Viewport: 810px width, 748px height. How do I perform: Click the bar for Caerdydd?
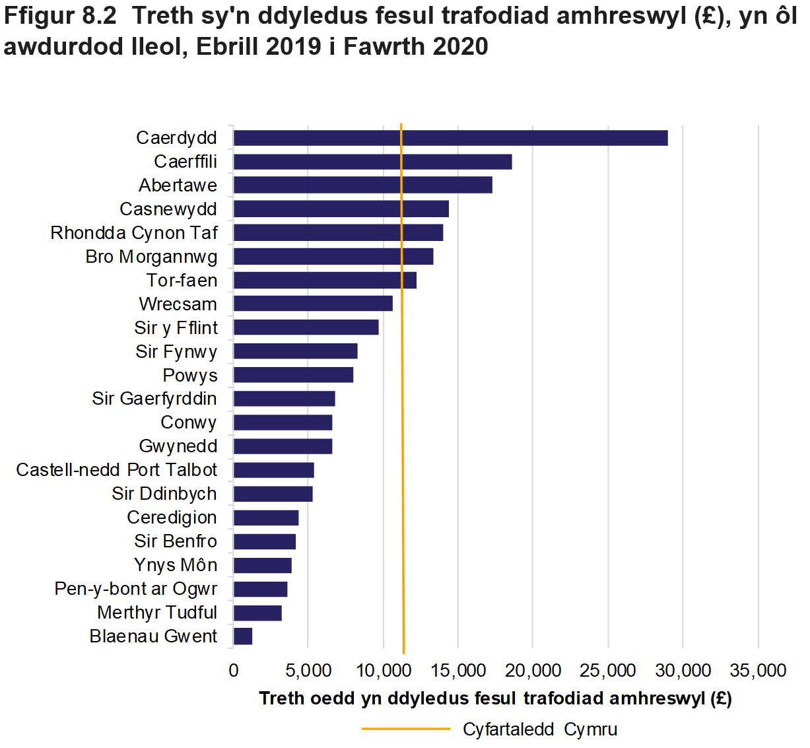coord(450,138)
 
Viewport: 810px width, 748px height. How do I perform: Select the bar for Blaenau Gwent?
coord(243,636)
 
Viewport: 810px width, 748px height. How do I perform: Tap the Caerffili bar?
coord(372,162)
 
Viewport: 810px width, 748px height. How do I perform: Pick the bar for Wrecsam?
coord(313,304)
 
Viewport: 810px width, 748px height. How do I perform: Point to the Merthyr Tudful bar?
coord(257,613)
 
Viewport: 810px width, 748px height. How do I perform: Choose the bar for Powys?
coord(293,375)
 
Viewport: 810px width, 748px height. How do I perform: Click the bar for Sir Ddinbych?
coord(273,494)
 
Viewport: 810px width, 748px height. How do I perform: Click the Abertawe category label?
coord(178,186)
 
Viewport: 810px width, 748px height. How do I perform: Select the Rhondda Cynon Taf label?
coord(134,233)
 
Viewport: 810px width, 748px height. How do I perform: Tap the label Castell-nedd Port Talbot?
coord(117,470)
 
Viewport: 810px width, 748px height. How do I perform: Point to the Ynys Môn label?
coord(176,565)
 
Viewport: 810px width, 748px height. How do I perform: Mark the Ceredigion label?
coord(172,518)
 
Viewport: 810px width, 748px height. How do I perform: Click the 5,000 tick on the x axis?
coord(308,671)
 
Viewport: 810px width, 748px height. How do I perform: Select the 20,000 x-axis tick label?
coord(533,671)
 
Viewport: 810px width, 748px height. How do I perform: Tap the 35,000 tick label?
coord(758,671)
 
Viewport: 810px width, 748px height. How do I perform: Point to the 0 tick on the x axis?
coord(234,671)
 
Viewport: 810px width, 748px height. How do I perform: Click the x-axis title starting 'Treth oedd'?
coord(495,698)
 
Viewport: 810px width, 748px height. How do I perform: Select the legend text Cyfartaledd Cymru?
coord(540,730)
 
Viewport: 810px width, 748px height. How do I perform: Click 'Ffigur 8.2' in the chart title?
coord(61,17)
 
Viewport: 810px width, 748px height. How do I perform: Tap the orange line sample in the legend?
coord(405,730)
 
